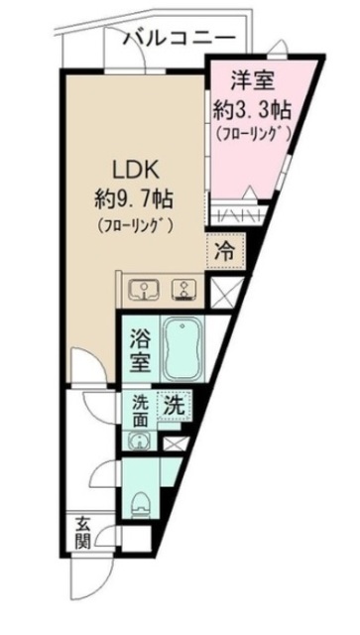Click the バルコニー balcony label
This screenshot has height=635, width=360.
click(x=180, y=39)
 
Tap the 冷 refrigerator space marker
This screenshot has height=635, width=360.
click(x=224, y=250)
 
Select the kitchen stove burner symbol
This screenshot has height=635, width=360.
click(x=183, y=289)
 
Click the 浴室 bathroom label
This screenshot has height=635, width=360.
click(x=138, y=352)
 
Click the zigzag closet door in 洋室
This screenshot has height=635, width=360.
click(x=232, y=215)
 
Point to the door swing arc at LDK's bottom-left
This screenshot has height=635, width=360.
click(x=84, y=369)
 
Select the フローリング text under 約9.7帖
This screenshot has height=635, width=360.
click(x=136, y=224)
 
